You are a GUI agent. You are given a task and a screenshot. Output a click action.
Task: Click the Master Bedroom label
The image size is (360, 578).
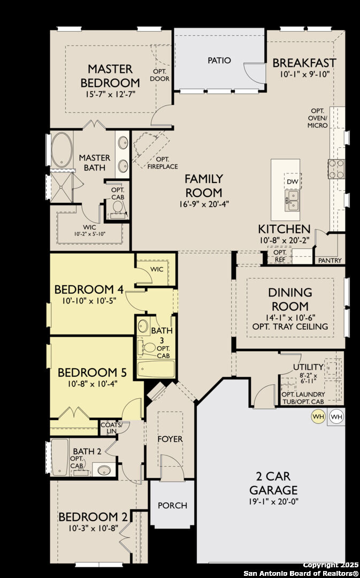pos(110,75)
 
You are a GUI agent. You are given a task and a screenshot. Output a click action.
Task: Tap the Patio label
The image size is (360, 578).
pos(219,60)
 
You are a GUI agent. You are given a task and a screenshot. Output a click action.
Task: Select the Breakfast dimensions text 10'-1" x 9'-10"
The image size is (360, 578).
pos(304,74)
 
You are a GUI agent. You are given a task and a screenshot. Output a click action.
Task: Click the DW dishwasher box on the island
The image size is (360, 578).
pos(293,181)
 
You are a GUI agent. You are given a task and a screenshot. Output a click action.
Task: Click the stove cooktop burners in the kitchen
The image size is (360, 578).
pos(336,169)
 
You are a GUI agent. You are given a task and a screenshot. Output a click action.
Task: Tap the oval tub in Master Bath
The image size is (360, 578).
pos(61,150)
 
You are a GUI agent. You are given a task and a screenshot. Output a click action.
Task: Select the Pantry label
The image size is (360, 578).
pos(330,260)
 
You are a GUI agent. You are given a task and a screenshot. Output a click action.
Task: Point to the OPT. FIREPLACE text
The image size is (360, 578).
pos(163,163)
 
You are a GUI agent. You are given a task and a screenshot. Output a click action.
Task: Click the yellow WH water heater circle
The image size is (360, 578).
pos(318,416)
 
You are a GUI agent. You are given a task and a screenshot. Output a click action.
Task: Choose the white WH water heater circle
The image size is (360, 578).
pos(336,416)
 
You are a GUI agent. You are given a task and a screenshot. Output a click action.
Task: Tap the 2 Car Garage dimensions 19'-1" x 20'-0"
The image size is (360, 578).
pos(273,501)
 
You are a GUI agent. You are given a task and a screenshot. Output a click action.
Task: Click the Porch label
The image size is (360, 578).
pos(172,505)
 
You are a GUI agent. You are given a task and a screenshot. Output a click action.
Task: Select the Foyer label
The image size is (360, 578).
pos(170,439)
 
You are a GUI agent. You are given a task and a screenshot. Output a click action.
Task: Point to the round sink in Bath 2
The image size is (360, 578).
pos(105,470)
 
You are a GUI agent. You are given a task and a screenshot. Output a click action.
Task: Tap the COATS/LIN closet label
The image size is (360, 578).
pos(111,428)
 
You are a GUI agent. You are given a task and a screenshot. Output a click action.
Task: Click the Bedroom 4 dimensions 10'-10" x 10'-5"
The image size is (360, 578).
pos(89,300)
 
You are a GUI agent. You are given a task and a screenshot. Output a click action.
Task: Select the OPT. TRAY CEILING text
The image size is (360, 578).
pos(290,326)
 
